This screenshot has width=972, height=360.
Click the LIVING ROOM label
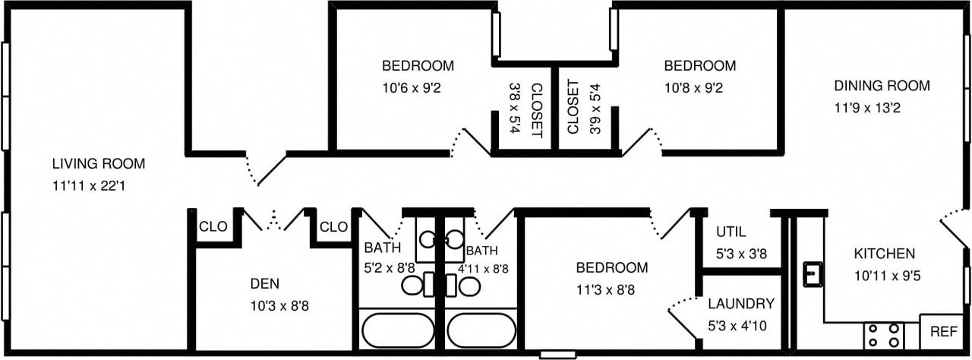tap(98, 163)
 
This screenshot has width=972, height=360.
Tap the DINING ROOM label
tap(881, 86)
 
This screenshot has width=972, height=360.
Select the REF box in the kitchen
tap(943, 332)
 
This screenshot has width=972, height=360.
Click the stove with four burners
tap(884, 335)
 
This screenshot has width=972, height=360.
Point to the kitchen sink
tap(813, 273)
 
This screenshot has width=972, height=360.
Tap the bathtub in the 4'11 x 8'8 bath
tap(481, 330)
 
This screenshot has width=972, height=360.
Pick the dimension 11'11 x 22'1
tap(88, 184)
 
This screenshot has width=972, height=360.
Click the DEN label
tap(264, 284)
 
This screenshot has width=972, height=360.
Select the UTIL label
tap(731, 232)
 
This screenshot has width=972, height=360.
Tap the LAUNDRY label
tap(740, 304)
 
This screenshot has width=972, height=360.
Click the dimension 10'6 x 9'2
tap(412, 87)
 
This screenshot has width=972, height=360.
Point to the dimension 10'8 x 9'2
tap(693, 87)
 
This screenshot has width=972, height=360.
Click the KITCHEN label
tap(884, 254)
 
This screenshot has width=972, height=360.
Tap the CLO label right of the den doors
tap(333, 226)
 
